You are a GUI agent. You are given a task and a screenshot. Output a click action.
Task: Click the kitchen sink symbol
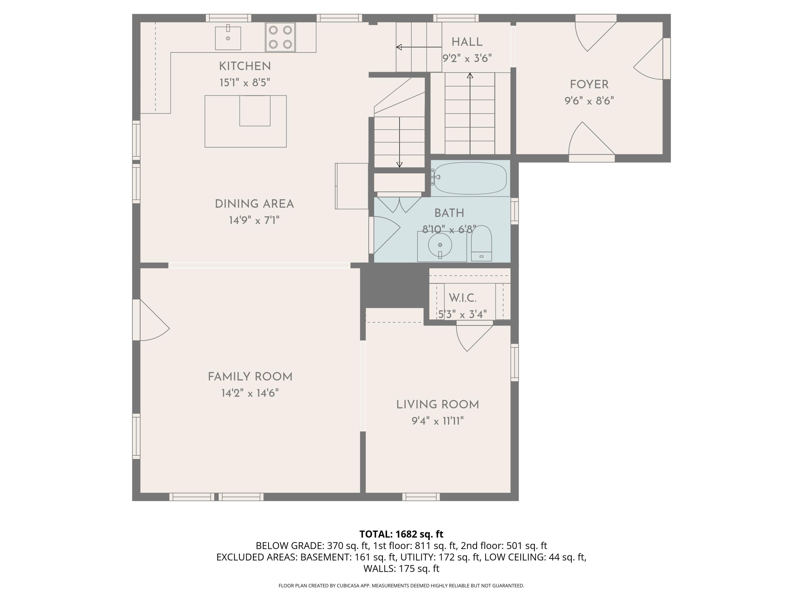click(x=228, y=38)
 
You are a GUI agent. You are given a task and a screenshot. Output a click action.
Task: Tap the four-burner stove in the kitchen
click(x=280, y=37)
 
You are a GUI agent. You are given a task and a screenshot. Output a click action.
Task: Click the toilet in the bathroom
click(x=481, y=244)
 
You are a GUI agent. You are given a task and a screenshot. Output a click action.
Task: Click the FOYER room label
click(x=589, y=85)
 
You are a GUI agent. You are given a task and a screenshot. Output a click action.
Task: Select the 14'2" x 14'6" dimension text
click(x=250, y=393)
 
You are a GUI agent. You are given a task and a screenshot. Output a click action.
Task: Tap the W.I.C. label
click(x=463, y=298)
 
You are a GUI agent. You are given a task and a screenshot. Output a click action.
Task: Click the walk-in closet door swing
click(x=472, y=337)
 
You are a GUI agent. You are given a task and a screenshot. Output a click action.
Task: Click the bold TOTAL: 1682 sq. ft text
click(x=401, y=534)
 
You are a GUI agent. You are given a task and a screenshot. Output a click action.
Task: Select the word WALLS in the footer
click(x=379, y=569)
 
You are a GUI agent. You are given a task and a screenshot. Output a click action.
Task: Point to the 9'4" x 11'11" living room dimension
click(x=437, y=421)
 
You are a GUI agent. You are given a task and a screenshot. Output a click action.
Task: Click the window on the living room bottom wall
click(x=421, y=497)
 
